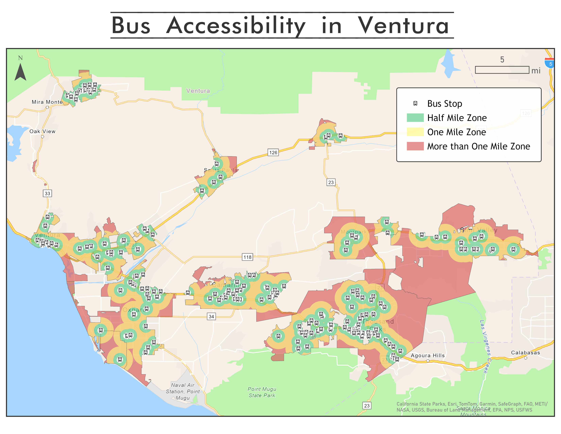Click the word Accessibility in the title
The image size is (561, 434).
(x=236, y=26)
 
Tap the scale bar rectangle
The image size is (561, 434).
(x=502, y=70)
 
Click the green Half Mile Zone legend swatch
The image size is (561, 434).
(x=415, y=117)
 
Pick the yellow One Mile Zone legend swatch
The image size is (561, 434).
(x=415, y=132)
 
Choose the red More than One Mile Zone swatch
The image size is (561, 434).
(x=415, y=146)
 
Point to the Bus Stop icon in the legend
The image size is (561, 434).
(x=415, y=103)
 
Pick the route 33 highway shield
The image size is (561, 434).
(x=47, y=193)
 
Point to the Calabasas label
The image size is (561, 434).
(x=525, y=352)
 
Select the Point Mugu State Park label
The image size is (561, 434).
(x=262, y=392)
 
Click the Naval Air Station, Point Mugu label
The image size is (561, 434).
(x=183, y=391)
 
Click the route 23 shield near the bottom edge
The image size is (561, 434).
(x=367, y=405)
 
